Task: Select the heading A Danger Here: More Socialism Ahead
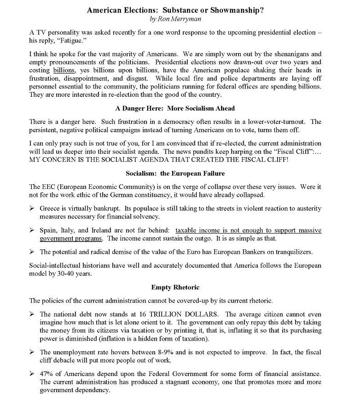tap(175, 108)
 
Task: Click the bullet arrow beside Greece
tap(32, 208)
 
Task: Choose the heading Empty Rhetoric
tap(175, 287)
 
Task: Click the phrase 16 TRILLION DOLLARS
tap(160, 314)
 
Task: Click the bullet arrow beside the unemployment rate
tap(32, 352)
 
